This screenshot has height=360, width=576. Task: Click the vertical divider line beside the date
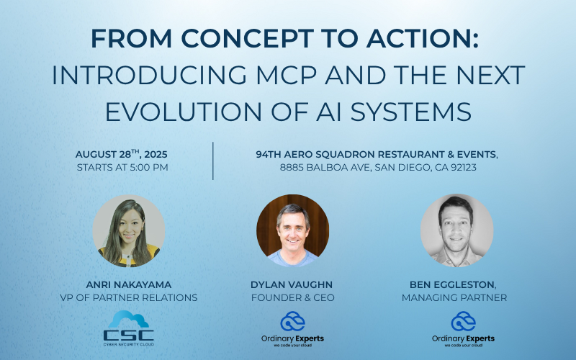click(x=214, y=161)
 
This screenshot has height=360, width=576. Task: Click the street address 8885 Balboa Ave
click(x=316, y=168)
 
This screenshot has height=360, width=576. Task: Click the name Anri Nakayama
click(x=129, y=284)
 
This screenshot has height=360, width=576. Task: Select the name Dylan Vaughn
click(x=292, y=284)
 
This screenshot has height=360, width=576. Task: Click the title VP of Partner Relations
click(x=129, y=297)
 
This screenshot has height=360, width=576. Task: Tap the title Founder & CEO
click(x=292, y=297)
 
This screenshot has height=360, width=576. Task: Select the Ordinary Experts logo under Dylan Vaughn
click(x=292, y=330)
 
